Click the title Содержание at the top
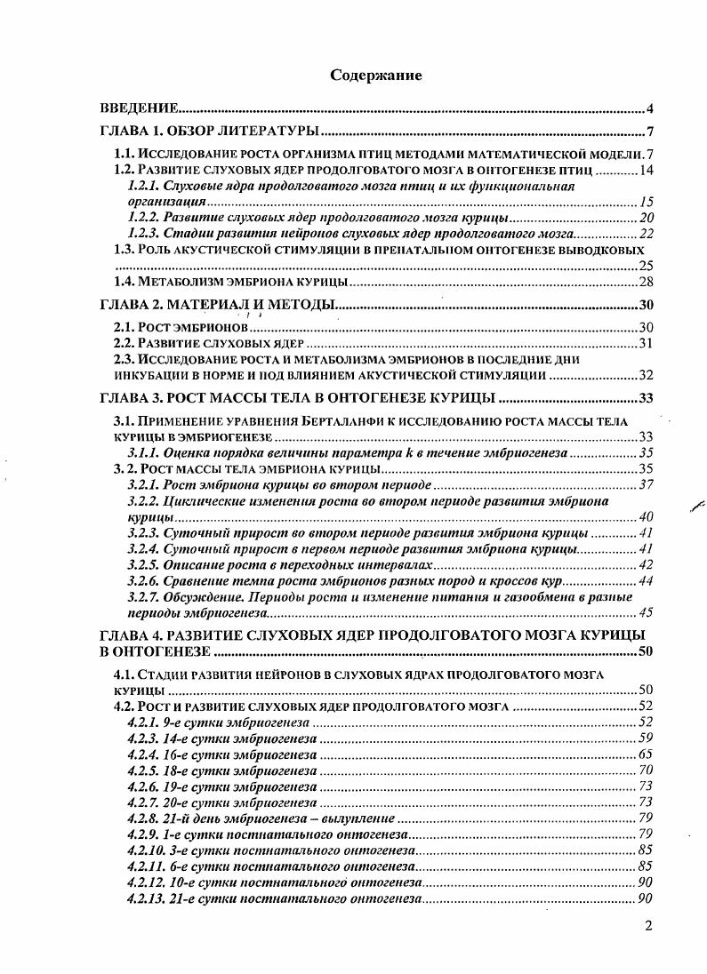click(x=375, y=76)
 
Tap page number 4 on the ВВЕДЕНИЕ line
click(x=650, y=109)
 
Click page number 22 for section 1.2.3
click(x=647, y=234)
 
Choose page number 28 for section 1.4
click(x=647, y=282)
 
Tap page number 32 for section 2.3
click(x=647, y=375)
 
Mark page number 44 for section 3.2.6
click(x=647, y=581)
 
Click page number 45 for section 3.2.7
click(x=647, y=612)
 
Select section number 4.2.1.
click(x=142, y=722)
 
